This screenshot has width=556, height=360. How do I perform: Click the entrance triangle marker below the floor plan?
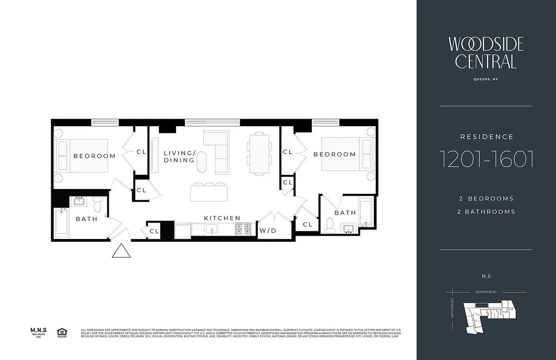click(121, 251)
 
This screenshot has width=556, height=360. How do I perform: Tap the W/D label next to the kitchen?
click(268, 231)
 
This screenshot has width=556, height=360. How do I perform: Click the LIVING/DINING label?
click(179, 156)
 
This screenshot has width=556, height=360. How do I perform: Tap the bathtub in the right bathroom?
click(367, 212)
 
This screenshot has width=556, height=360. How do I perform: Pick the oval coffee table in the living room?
click(203, 161)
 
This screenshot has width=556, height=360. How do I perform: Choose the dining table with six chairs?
click(259, 153)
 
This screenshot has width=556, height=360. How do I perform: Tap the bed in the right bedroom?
click(348, 153)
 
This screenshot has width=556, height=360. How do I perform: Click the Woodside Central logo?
click(486, 53)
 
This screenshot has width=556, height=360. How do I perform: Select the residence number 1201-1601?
click(486, 158)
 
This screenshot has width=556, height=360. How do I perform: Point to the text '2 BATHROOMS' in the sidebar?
click(486, 211)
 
